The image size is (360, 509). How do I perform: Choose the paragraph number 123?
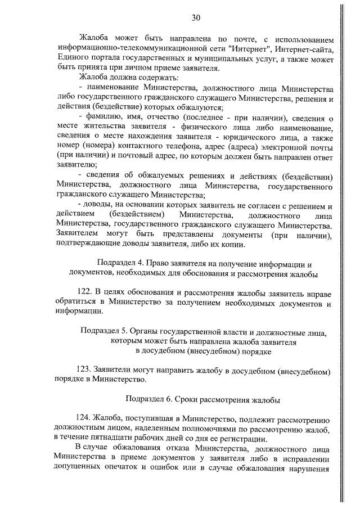(83, 371)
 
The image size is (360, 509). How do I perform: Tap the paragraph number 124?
(83, 420)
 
